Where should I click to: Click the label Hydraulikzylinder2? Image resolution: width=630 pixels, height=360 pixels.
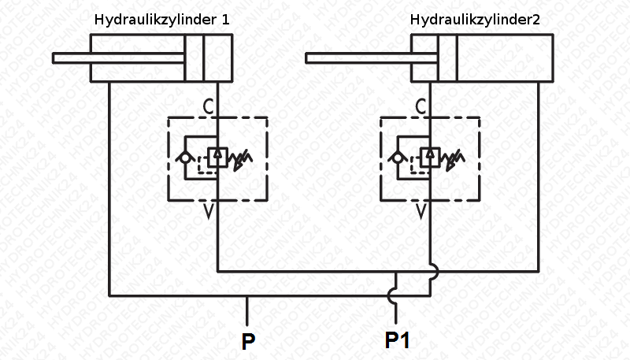[x=474, y=19]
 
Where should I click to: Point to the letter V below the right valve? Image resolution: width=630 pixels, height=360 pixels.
[x=422, y=211]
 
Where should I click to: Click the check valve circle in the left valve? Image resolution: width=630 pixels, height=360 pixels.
[x=185, y=158]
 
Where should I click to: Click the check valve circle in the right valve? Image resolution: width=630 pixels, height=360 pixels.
[x=398, y=158]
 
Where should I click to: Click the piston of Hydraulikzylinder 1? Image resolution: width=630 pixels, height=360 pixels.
[x=195, y=57]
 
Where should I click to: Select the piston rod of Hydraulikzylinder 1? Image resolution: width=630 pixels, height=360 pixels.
[x=118, y=57]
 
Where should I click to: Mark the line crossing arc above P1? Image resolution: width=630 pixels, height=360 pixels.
[x=395, y=296]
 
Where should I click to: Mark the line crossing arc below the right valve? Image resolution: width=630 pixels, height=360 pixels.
[x=431, y=270]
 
